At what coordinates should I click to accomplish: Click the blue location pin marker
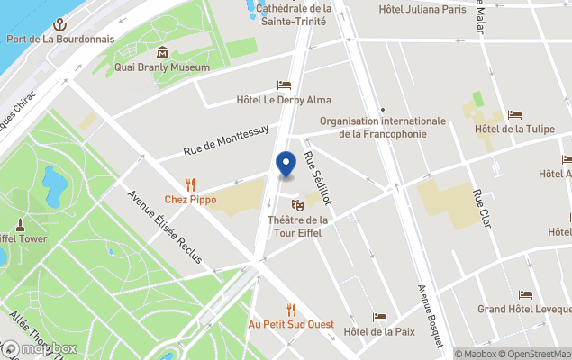point(286,165)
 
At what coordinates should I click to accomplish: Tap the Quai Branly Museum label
point(162,67)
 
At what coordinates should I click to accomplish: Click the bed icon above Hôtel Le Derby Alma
point(284,85)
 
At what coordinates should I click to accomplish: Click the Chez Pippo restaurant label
point(190,199)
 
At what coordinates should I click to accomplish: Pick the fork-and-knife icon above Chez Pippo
point(190,184)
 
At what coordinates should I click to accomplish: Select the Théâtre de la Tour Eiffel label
point(298,226)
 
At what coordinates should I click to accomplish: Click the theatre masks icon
point(298,205)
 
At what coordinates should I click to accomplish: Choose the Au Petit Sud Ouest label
point(291,324)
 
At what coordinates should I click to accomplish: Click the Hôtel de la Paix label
point(379,331)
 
